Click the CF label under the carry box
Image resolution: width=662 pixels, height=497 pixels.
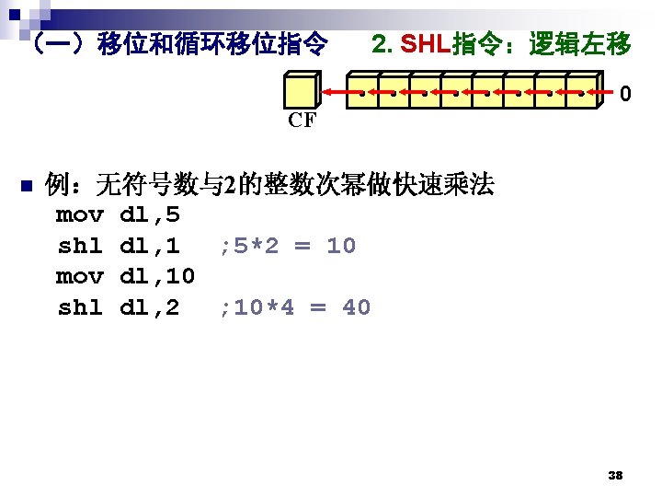[x=301, y=121]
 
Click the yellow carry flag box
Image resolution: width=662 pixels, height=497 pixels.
[x=300, y=92]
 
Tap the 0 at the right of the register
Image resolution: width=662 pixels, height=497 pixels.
[x=625, y=94]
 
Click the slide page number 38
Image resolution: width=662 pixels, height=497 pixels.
[x=616, y=476]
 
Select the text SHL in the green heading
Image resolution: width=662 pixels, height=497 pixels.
[x=426, y=43]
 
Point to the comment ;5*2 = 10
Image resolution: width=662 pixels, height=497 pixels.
[x=287, y=246]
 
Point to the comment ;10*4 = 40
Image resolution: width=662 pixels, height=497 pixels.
[x=294, y=307]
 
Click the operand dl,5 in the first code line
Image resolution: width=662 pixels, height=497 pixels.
[x=150, y=215]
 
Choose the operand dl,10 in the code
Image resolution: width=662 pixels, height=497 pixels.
[x=157, y=276]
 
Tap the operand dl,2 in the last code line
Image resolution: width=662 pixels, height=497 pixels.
[x=150, y=307]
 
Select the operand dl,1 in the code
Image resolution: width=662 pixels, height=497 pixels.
[x=150, y=246]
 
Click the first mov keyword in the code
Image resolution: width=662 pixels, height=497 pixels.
[x=80, y=215]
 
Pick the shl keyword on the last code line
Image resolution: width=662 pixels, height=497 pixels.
[x=80, y=307]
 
